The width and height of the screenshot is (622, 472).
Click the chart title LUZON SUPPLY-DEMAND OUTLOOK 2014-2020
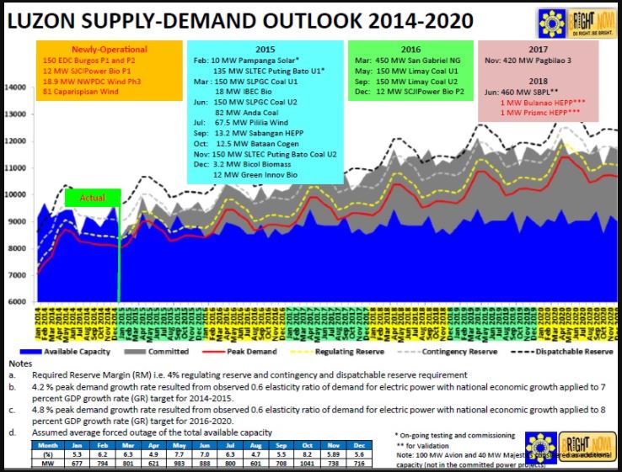(239, 21)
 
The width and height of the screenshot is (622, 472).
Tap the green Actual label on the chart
(92, 197)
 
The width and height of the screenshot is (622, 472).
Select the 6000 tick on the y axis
(17, 301)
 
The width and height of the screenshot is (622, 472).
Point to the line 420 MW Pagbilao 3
(528, 61)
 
